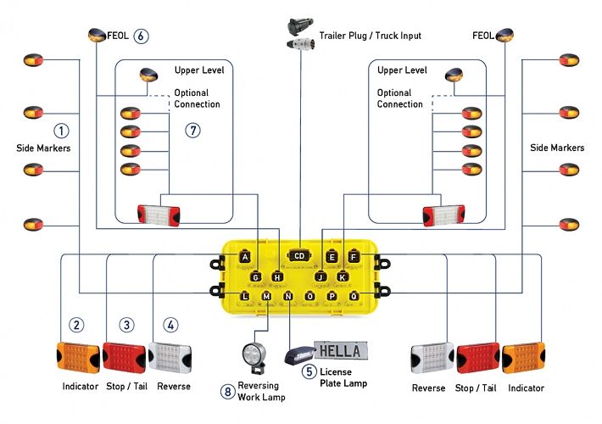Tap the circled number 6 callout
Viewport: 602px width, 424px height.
tap(141, 36)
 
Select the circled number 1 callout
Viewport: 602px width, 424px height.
tap(61, 131)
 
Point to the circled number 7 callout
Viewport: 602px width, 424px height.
tap(193, 131)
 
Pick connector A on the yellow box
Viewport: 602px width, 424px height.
tap(245, 256)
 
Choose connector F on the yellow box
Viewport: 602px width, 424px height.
tap(353, 256)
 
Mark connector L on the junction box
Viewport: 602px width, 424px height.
tap(245, 295)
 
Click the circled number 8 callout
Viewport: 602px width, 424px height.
tap(227, 391)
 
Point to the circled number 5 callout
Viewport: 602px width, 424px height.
tap(309, 371)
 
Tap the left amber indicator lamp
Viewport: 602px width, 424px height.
tap(77, 357)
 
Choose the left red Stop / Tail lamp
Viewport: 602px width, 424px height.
tap(125, 357)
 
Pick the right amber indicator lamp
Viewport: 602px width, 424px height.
tap(523, 358)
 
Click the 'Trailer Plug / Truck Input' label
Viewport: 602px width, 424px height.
tap(370, 36)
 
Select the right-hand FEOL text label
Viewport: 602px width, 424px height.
tap(483, 36)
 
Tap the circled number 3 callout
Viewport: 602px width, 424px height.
tap(125, 325)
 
